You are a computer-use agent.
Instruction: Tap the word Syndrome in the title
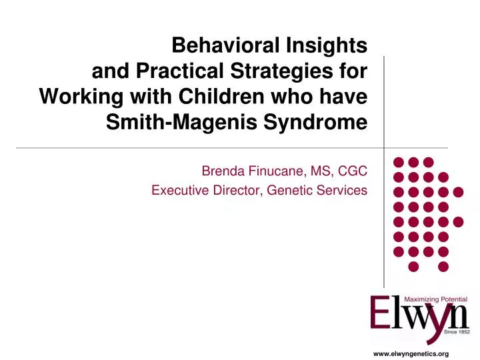point(323,123)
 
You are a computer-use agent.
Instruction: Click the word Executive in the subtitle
point(176,191)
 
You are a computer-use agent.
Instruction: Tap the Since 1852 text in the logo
point(457,331)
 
